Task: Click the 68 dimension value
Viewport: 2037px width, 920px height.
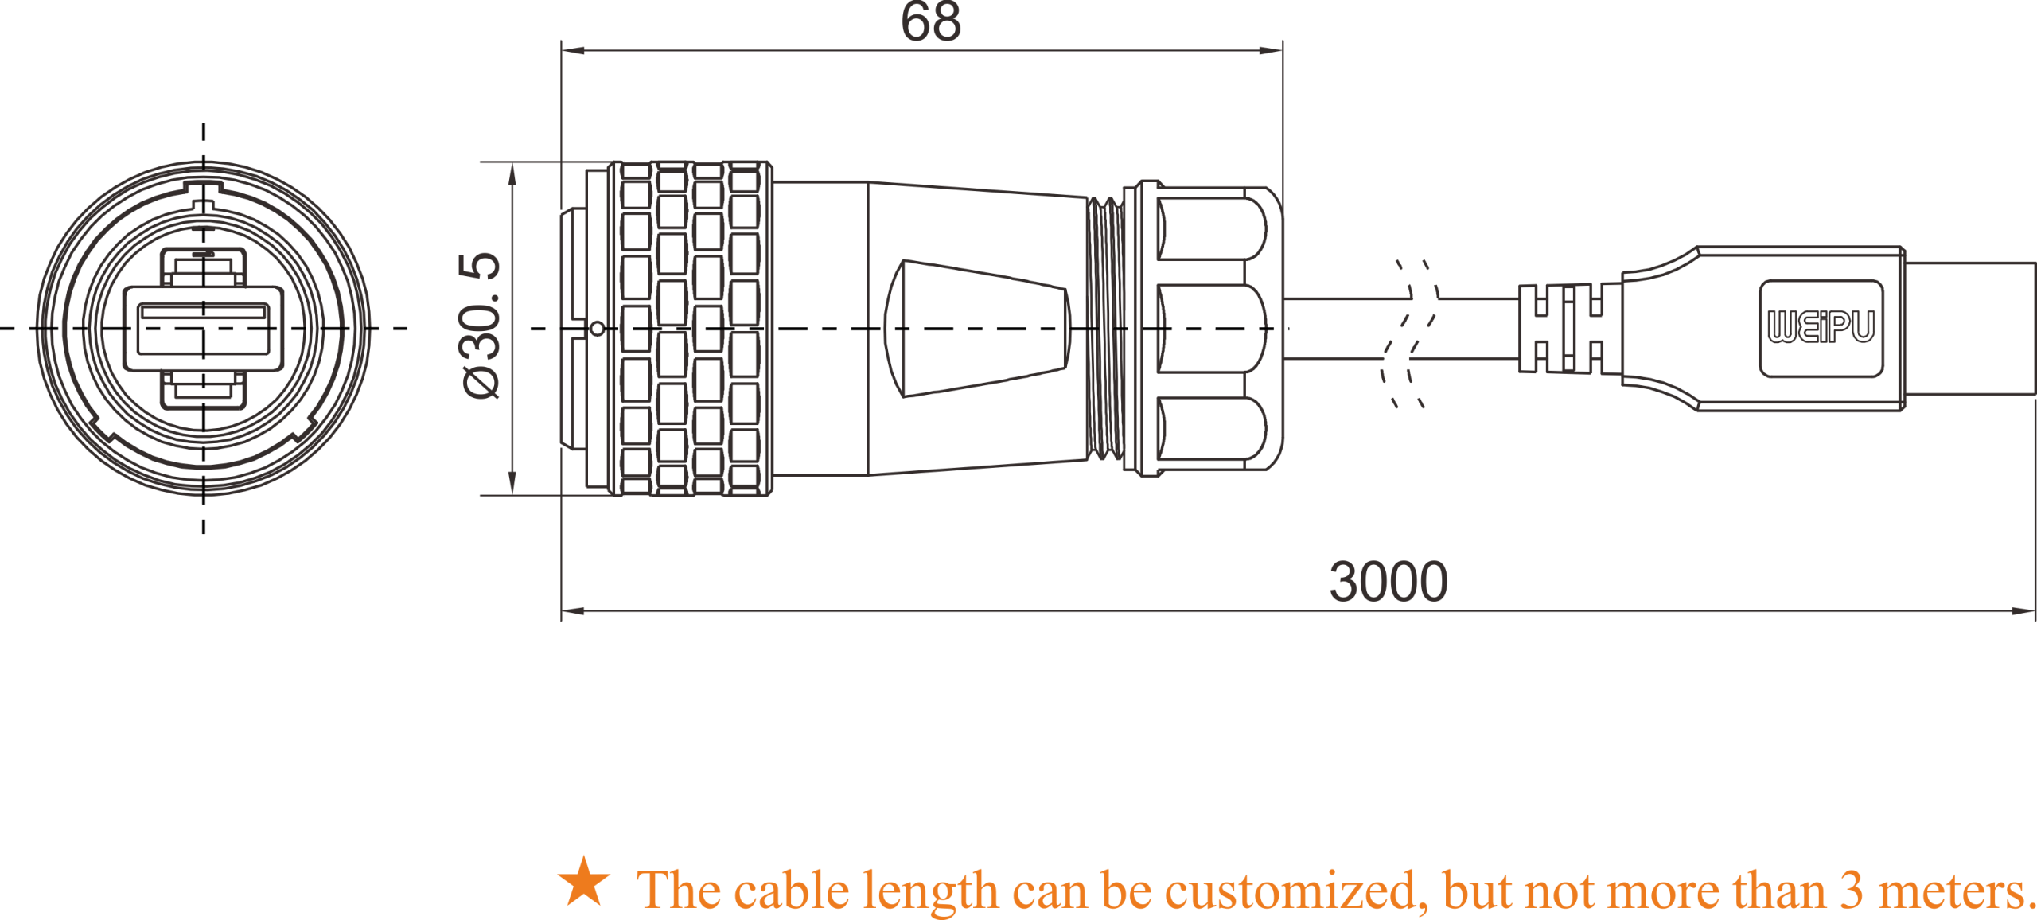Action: (x=930, y=21)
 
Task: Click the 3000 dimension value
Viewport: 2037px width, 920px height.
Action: (x=1389, y=582)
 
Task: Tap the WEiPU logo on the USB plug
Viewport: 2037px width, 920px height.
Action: (x=1821, y=327)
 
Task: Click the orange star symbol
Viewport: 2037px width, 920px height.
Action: (x=584, y=882)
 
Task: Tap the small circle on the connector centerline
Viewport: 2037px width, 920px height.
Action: (x=597, y=328)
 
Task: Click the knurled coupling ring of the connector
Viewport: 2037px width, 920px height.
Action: (x=690, y=328)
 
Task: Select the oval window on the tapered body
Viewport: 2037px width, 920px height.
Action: (x=977, y=328)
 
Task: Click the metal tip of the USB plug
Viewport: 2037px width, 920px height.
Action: (x=1970, y=328)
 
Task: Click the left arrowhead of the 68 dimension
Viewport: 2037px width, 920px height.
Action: (x=573, y=50)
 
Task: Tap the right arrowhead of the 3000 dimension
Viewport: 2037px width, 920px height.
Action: (x=2023, y=611)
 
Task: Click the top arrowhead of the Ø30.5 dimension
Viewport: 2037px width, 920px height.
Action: (x=512, y=174)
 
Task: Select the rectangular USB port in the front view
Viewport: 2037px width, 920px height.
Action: (x=203, y=329)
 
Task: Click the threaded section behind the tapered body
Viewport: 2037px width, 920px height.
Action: (x=1105, y=328)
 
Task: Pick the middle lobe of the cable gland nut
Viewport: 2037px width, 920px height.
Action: (x=1211, y=328)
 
